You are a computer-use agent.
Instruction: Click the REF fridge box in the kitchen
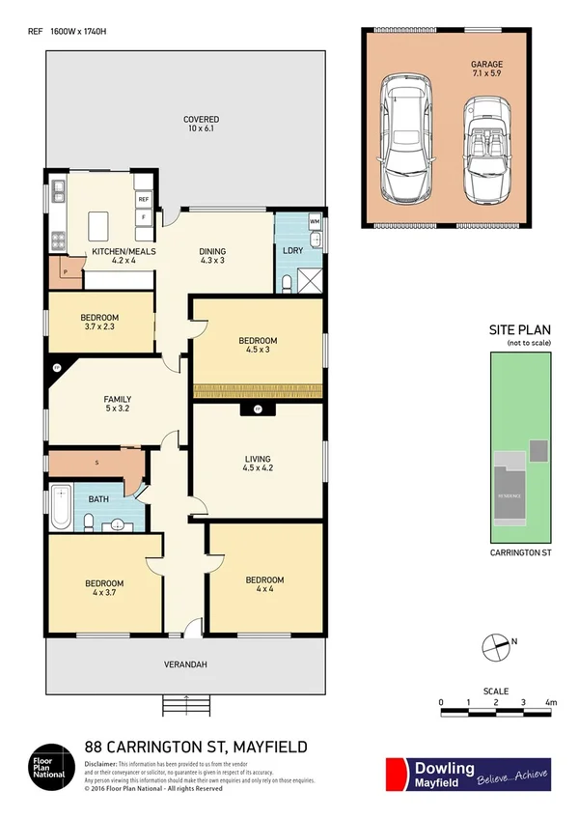[x=143, y=200]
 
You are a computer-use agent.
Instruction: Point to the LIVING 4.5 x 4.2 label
[x=257, y=465]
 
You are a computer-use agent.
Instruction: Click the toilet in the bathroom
[x=89, y=522]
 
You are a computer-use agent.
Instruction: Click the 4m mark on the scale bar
[x=550, y=702]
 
